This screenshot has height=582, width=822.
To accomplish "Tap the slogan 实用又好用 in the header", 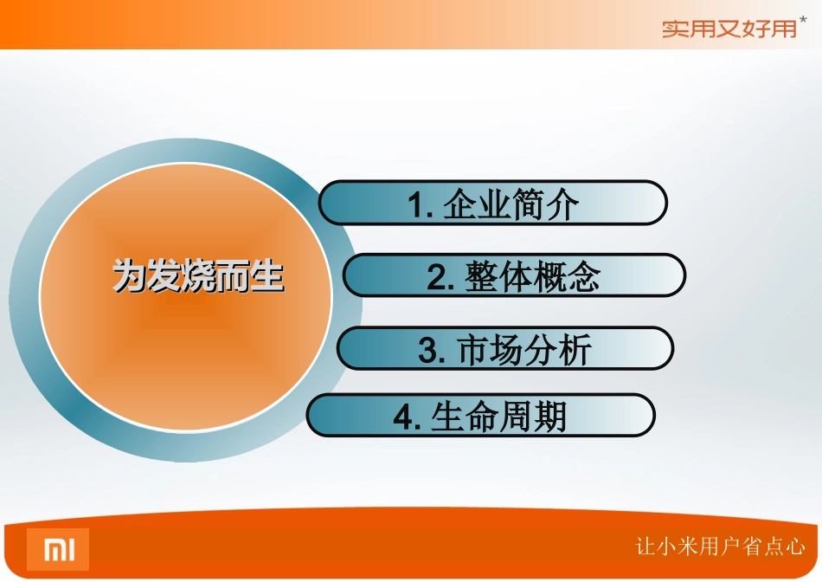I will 729,29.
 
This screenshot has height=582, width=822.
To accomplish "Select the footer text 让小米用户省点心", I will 720,546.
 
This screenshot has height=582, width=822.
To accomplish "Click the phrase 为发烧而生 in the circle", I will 199,278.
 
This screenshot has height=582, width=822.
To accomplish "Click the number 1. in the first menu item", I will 421,205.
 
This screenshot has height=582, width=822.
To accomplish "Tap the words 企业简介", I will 511,205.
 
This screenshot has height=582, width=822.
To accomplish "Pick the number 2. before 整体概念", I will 441,278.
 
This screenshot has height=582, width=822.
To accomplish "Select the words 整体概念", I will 531,278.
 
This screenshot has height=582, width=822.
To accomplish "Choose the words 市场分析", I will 523,351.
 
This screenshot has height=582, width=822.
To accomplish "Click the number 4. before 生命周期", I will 407,417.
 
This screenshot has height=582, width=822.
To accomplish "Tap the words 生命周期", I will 498,417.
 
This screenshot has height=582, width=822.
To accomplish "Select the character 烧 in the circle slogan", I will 198,278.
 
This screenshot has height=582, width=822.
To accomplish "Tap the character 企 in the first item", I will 459,205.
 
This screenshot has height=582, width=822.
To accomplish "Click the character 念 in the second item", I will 582,278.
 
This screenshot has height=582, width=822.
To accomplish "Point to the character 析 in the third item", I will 574,351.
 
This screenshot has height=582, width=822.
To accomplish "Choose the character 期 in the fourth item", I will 549,417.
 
